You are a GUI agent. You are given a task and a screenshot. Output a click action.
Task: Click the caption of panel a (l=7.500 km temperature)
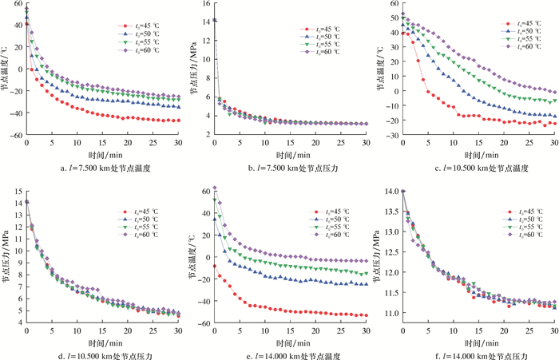tap(104, 168)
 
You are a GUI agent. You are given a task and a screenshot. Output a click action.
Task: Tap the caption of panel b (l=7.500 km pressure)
tap(290, 168)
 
